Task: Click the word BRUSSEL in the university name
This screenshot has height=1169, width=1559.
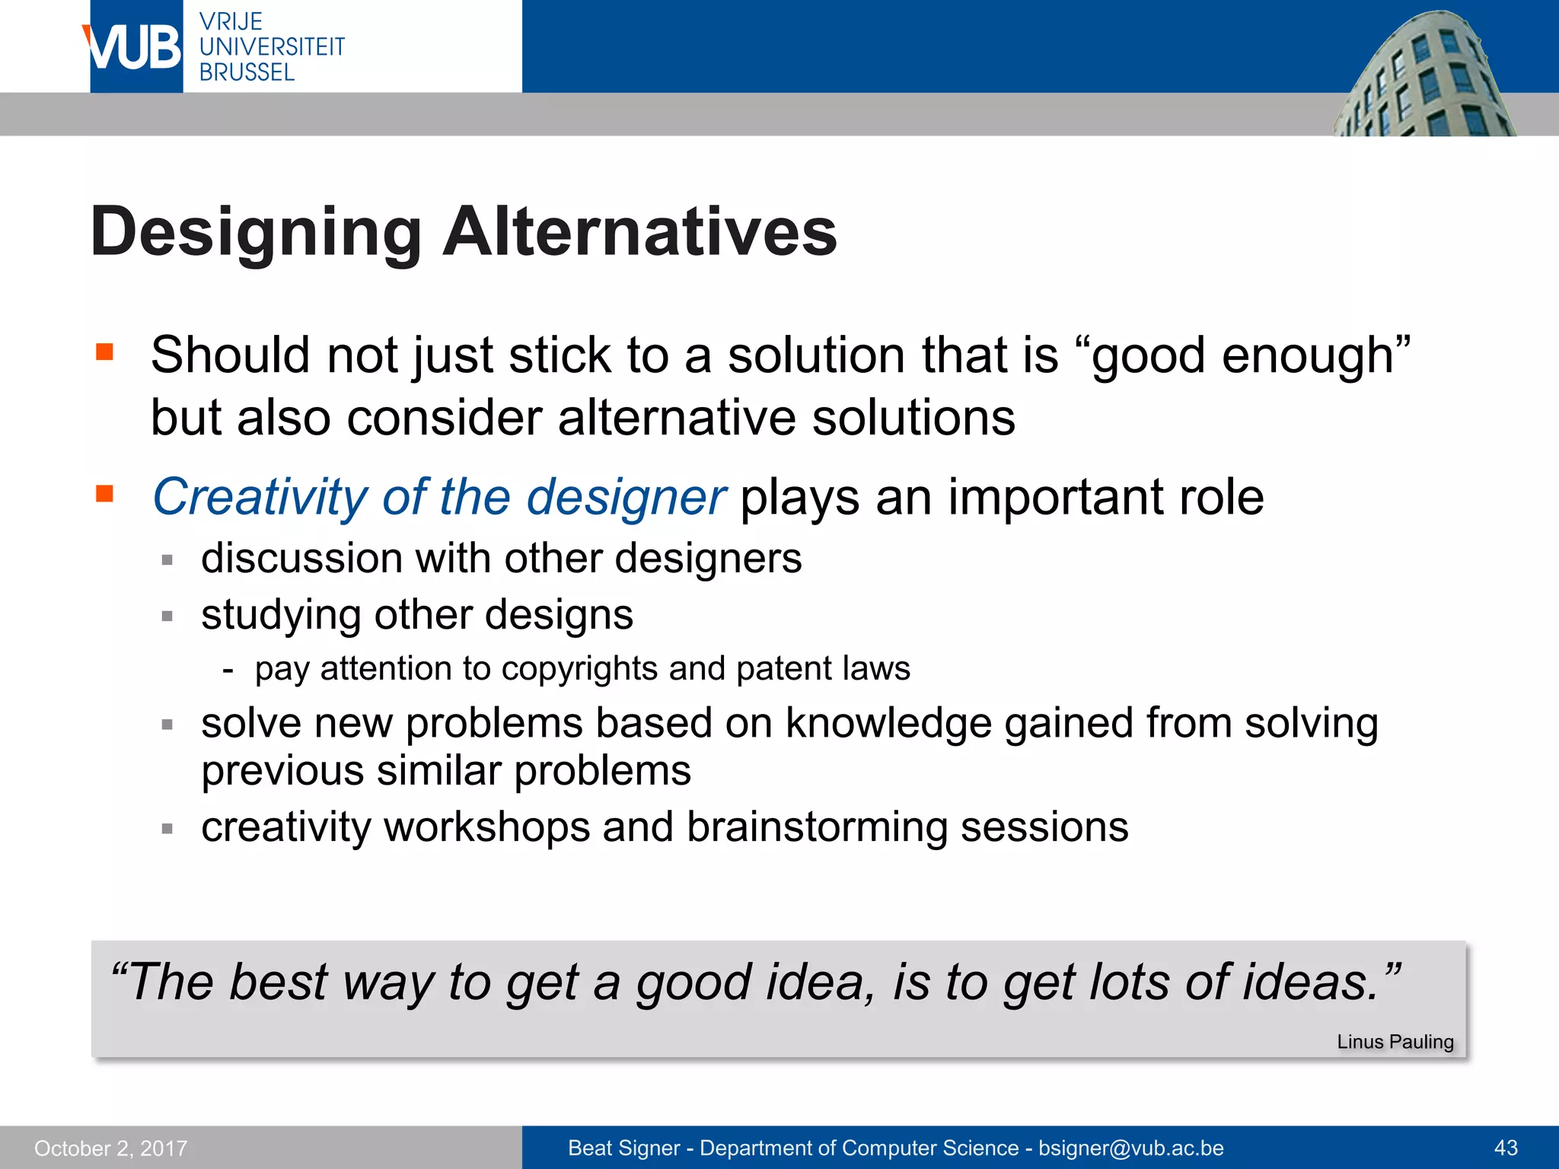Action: coord(247,72)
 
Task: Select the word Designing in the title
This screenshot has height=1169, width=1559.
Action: coord(256,233)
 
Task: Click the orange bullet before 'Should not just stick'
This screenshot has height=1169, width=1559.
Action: coord(104,352)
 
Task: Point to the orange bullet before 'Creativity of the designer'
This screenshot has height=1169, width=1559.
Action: coord(104,494)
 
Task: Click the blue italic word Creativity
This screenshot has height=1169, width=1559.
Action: coord(260,498)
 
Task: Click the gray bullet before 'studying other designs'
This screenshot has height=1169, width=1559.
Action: coord(167,616)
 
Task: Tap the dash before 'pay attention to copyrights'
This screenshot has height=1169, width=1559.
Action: coord(228,670)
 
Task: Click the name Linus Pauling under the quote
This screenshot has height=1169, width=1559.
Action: coord(1395,1042)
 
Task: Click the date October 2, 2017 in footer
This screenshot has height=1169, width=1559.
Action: coord(110,1148)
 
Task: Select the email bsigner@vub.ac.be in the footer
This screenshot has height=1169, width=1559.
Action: coord(1130,1148)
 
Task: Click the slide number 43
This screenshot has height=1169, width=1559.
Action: coord(1506,1148)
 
